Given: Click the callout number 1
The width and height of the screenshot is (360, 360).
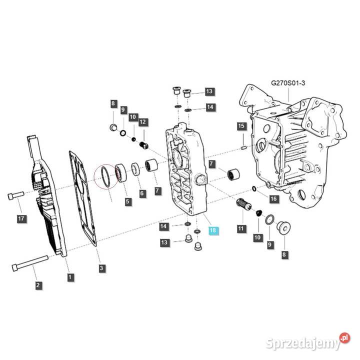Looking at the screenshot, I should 70,276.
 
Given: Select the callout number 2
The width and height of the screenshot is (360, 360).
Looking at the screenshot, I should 38,285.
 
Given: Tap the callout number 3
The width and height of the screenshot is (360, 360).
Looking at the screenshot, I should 101,268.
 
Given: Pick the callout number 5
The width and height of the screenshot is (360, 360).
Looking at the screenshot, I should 128,202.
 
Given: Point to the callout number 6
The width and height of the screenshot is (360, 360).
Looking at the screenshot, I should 142,193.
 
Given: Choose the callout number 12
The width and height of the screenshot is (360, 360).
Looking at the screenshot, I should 142,121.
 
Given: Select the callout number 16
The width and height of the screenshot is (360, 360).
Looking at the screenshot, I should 273,199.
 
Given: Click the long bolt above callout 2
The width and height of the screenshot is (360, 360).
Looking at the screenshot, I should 32,261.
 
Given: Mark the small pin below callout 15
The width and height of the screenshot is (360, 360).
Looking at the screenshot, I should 243,147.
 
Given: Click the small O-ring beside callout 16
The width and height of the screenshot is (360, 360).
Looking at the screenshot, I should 255,189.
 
